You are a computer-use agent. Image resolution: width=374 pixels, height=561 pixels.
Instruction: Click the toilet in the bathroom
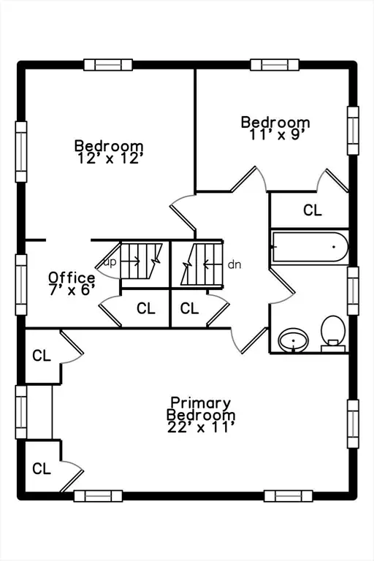point(333,333)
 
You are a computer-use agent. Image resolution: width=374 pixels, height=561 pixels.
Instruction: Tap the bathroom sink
point(294,340)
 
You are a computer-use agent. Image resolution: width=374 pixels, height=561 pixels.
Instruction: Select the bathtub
point(310,247)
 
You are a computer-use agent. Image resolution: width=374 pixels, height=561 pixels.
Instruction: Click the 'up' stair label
point(110,262)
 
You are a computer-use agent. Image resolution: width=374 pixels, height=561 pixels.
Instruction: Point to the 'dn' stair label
point(234,264)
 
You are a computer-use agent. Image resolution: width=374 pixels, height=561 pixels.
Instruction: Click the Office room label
point(72,278)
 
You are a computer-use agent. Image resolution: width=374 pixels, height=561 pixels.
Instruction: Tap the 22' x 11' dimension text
point(201,427)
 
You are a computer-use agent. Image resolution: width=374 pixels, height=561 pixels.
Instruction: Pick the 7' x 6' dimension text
point(72,289)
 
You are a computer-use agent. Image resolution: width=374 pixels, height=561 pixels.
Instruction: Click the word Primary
point(200,403)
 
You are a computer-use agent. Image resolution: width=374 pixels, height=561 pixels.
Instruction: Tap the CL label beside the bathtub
point(313,210)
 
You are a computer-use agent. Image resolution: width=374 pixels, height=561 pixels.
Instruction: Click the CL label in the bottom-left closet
point(42,468)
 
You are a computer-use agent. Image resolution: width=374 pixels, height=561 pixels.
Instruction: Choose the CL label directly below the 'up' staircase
point(146,308)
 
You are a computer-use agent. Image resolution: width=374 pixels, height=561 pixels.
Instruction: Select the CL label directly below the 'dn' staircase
point(189,308)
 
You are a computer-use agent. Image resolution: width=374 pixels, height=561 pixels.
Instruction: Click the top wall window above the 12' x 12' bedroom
point(108,65)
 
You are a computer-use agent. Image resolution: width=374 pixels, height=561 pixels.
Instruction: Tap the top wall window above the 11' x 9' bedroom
point(275,65)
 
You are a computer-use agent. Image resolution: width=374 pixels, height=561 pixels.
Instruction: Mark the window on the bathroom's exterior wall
point(354,291)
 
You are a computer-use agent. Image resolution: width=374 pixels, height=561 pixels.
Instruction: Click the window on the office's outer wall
point(21,285)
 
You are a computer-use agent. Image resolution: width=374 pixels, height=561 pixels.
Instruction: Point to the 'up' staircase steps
point(141,262)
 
